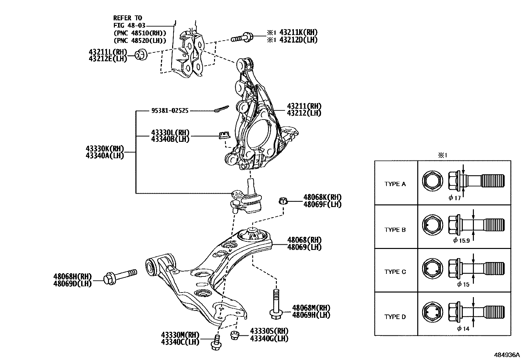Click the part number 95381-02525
[x=170, y=111]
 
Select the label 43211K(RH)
[x=298, y=32]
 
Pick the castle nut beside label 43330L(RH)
[x=224, y=135]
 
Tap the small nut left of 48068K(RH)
[x=283, y=201]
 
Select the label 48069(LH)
[x=304, y=247]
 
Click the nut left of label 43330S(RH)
[x=234, y=335]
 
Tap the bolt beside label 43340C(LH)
[x=216, y=343]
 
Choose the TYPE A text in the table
[x=395, y=184]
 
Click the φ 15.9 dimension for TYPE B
[x=461, y=240]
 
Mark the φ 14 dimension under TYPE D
[x=463, y=329]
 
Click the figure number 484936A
[x=507, y=355]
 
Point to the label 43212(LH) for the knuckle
[x=304, y=113]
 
